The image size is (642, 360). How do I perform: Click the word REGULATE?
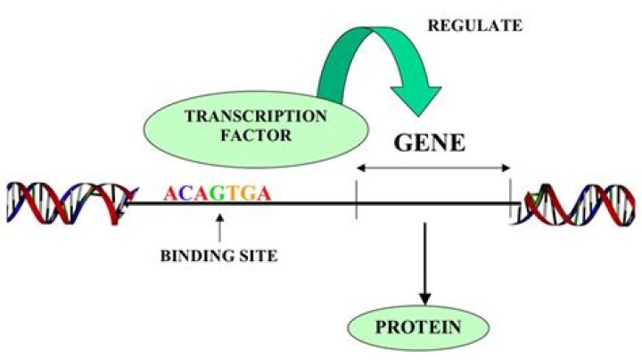point(475,25)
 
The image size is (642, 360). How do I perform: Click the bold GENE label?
point(431,143)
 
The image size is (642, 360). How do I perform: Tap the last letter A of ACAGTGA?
point(263,192)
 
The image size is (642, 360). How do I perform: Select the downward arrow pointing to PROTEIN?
point(424,263)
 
